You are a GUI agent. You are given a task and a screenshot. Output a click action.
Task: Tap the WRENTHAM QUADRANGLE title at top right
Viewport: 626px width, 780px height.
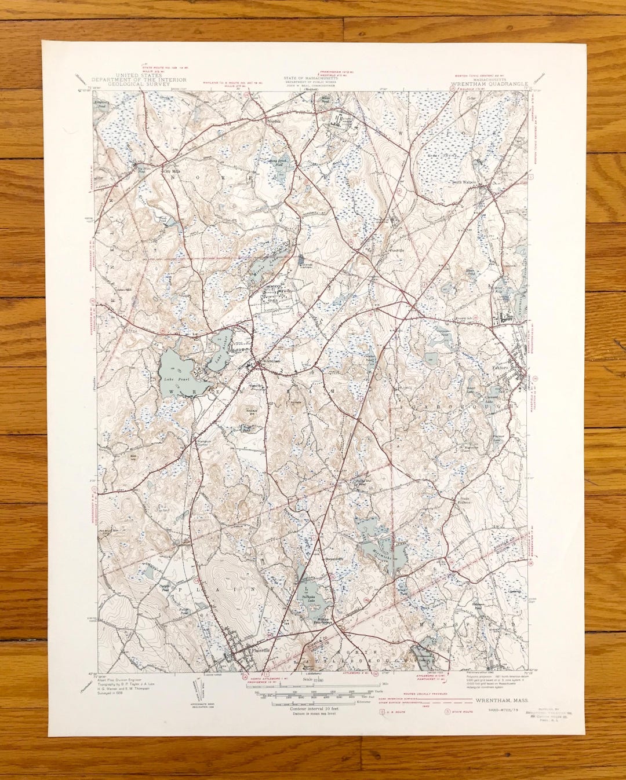(x=490, y=84)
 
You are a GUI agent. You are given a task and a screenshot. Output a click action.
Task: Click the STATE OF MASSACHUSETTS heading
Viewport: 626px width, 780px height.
(x=313, y=78)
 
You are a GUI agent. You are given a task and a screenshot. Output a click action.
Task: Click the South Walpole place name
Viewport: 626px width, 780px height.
(x=465, y=181)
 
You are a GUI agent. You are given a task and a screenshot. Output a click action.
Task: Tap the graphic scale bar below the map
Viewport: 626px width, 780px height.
(x=313, y=693)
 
